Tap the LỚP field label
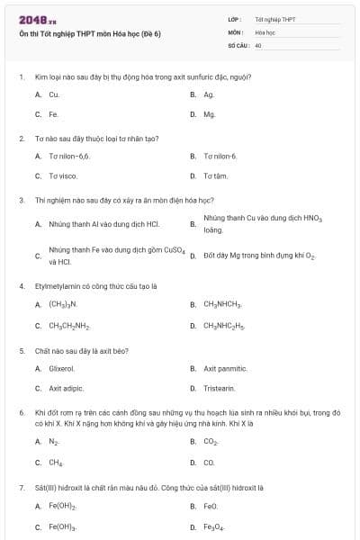235,18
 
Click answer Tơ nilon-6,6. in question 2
69,156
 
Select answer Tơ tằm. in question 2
216,175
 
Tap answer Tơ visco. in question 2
63,175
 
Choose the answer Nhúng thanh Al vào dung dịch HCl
103,223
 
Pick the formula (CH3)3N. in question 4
63,304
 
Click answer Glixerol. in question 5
62,367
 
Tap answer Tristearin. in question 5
220,388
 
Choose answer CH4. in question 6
56,462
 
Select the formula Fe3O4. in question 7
217,526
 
